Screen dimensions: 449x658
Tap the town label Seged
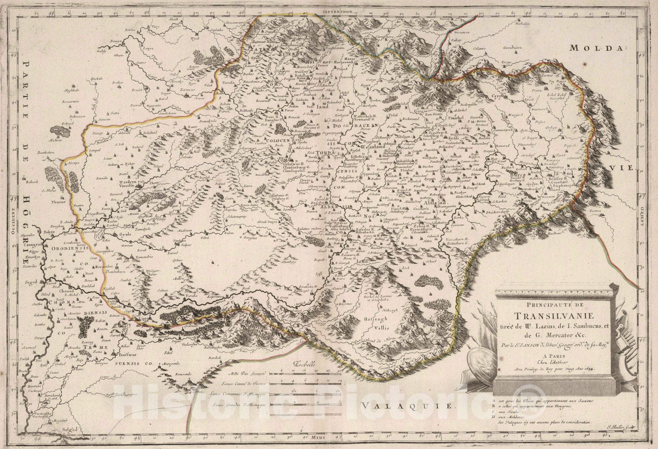click(x=30, y=282)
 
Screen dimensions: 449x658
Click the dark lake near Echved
click(x=59, y=132)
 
